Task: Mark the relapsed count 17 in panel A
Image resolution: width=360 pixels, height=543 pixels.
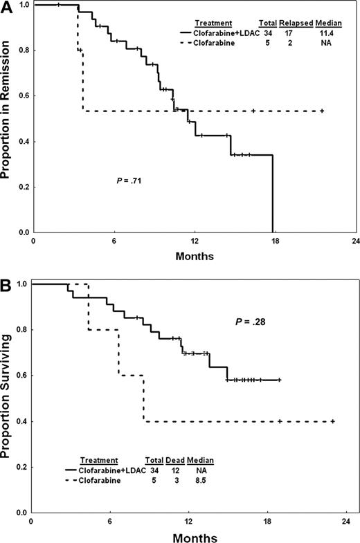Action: pos(295,33)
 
